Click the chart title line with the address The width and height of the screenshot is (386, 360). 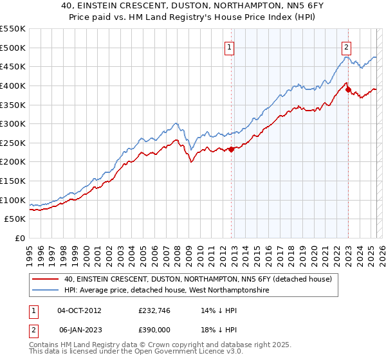click(193, 6)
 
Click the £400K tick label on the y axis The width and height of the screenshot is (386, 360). click(13, 85)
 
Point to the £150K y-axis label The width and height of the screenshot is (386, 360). click(13, 181)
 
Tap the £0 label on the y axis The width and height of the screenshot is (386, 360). click(21, 239)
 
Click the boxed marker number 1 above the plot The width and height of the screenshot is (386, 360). click(230, 46)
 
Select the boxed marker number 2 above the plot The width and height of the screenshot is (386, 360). click(347, 46)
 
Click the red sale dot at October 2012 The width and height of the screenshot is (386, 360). click(231, 149)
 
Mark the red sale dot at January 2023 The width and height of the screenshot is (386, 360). click(348, 89)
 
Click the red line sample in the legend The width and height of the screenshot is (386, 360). click(45, 280)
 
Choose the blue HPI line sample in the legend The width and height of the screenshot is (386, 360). click(45, 291)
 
